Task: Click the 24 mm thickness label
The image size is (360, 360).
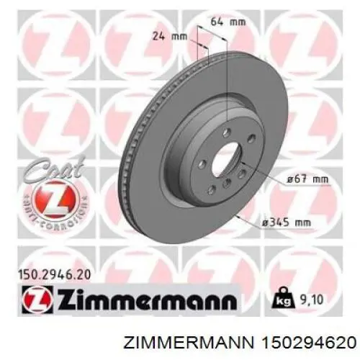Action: [170, 34]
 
